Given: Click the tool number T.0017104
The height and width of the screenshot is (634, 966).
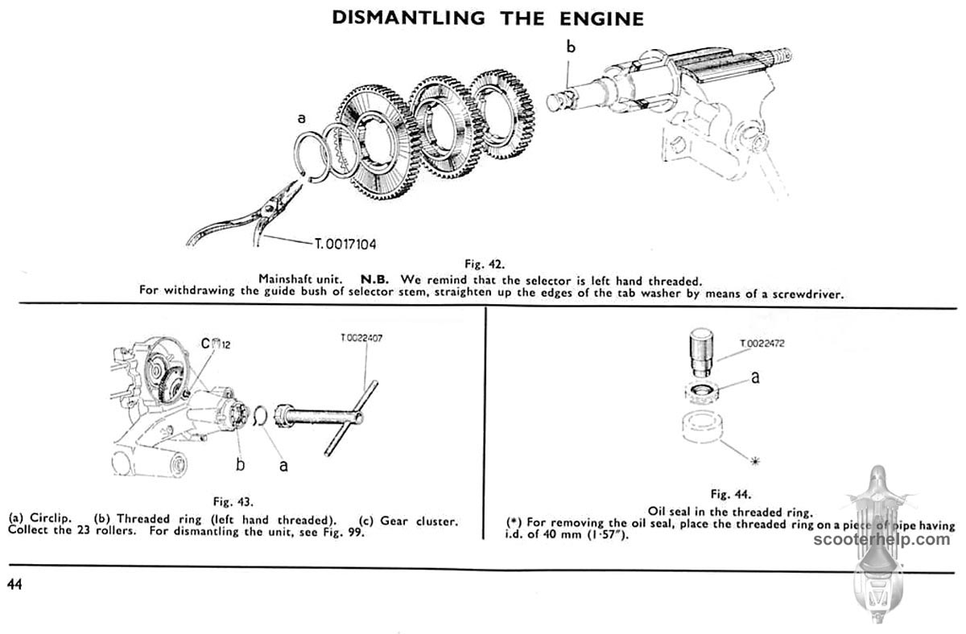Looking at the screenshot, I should tap(353, 241).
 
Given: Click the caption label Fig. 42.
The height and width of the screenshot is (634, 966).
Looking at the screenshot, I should tap(483, 263).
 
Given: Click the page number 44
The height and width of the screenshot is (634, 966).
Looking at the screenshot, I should tap(15, 584).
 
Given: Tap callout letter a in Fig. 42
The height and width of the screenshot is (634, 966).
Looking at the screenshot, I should tap(302, 118).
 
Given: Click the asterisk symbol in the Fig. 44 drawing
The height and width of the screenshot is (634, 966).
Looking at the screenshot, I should tap(754, 461).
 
